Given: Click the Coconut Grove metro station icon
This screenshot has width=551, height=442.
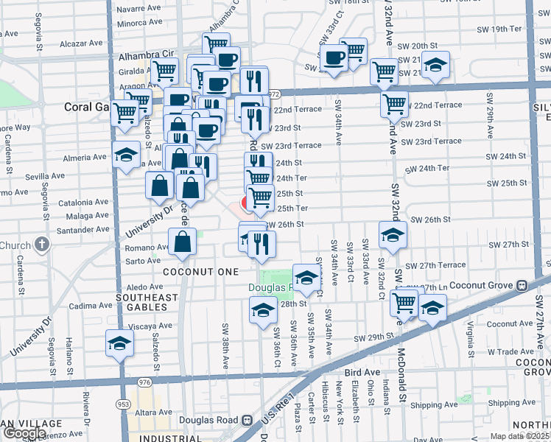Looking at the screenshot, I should pos(521,285).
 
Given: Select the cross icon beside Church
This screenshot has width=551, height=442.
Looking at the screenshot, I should pos(43,245).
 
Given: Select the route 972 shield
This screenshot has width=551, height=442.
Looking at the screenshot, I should pos(274,94).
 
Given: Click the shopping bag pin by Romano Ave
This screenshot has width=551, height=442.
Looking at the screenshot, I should pos(183,241).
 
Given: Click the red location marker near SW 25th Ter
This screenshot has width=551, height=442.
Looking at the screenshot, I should pos(248,202).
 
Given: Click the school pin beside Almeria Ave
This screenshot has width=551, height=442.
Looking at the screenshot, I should pos(126,155).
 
